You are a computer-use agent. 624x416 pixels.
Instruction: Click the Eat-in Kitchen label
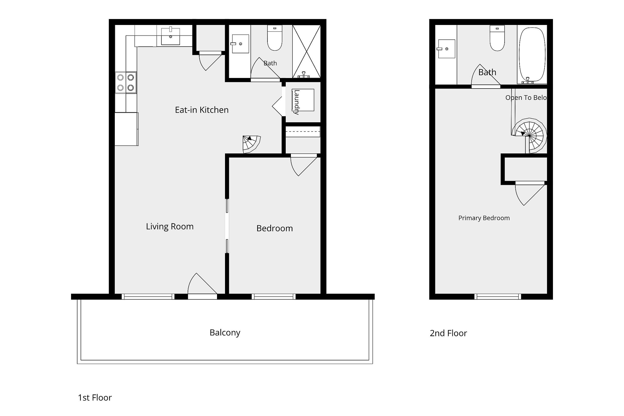click(202, 110)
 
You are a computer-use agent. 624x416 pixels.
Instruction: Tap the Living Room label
click(170, 226)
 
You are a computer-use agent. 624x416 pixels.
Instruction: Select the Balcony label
click(225, 333)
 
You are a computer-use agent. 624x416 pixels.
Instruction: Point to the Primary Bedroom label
click(484, 218)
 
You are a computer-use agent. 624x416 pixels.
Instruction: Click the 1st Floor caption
click(95, 397)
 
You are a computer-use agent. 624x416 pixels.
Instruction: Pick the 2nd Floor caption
click(448, 333)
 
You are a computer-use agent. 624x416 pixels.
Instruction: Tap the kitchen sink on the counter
click(171, 36)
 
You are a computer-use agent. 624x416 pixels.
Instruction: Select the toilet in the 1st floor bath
click(275, 38)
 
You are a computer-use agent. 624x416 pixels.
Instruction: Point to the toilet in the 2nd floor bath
click(497, 38)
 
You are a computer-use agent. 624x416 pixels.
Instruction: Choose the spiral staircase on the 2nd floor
click(529, 136)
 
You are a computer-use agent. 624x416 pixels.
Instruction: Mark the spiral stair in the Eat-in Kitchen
click(251, 144)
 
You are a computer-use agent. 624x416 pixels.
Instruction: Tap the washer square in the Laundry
click(303, 100)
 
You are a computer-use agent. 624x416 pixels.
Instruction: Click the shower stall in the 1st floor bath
click(306, 51)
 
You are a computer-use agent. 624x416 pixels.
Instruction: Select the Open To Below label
click(526, 98)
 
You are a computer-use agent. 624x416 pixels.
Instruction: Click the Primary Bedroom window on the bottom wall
click(497, 296)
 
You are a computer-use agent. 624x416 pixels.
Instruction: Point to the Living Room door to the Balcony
click(202, 296)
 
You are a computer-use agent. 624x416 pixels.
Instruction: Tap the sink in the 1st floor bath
click(240, 44)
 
